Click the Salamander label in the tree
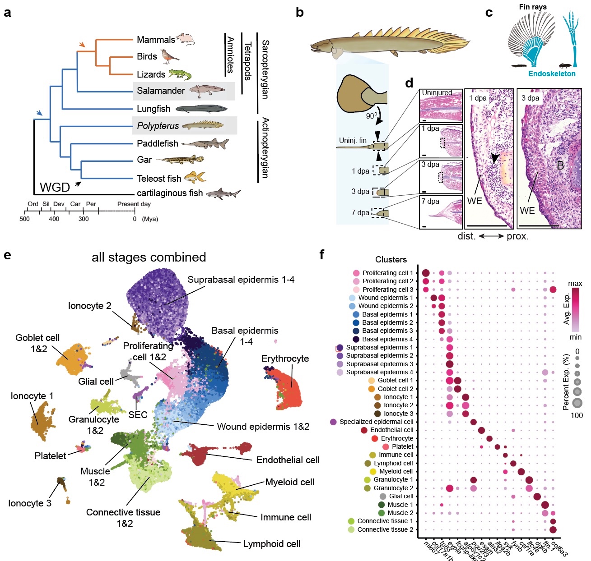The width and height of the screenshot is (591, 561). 161,91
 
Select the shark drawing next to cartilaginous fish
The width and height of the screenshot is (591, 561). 223,193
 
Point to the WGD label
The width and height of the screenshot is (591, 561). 55,187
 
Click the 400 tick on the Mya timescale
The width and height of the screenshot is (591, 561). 54,219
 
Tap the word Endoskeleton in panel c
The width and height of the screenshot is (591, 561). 552,74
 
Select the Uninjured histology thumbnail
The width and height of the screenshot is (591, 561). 441,106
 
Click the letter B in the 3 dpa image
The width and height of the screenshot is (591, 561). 560,166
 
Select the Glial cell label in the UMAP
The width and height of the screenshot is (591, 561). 96,382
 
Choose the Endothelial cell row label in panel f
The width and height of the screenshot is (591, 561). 391,430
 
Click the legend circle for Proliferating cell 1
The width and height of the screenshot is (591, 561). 356,273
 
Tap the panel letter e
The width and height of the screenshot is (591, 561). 7,255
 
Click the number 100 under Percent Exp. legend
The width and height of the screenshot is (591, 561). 577,415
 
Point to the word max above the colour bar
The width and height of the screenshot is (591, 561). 575,284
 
